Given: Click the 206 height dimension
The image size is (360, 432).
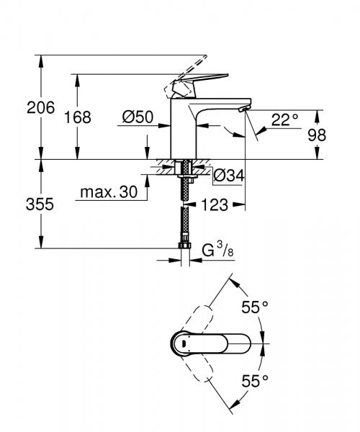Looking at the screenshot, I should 40,109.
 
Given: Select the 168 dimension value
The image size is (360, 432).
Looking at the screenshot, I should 78,117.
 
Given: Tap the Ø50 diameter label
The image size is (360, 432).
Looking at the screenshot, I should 137,117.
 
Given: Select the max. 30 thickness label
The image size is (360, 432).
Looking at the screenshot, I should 108,192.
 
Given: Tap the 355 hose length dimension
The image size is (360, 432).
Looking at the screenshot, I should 40,204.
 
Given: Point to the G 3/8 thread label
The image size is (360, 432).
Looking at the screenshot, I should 216,251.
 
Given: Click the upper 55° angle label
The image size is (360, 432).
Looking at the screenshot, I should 254,307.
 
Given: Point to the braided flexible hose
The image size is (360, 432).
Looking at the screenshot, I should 185,216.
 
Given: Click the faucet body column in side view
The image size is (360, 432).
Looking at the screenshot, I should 181,130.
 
